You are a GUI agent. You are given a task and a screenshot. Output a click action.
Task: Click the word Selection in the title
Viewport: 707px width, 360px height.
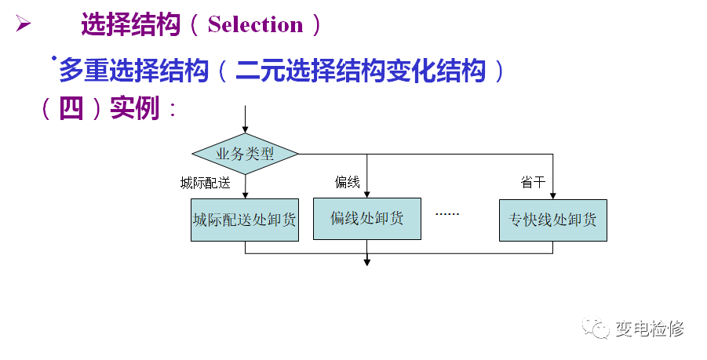(x=255, y=25)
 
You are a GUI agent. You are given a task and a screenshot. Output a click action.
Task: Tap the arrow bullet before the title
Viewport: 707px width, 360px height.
(x=23, y=24)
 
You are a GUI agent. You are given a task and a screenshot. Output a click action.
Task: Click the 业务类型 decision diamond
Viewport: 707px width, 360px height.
(x=246, y=154)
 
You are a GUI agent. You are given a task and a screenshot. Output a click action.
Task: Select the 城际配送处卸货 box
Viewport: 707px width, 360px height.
(x=245, y=220)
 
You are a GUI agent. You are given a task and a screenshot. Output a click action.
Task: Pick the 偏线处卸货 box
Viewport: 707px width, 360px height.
(x=366, y=218)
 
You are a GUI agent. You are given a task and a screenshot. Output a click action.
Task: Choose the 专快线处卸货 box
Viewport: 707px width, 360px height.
(x=552, y=220)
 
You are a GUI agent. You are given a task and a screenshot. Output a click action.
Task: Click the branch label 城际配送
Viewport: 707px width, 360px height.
(x=206, y=184)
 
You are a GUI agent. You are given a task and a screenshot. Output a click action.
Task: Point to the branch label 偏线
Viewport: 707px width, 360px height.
(x=347, y=183)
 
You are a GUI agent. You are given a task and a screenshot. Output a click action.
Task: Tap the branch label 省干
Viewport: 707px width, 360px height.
(x=533, y=183)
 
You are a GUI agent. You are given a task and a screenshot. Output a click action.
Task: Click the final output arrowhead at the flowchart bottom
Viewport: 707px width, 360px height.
(x=366, y=261)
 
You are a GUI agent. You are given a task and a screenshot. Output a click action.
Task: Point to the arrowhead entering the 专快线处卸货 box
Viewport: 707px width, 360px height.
(x=552, y=195)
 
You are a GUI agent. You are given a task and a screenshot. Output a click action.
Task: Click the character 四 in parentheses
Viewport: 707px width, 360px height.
(x=71, y=108)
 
